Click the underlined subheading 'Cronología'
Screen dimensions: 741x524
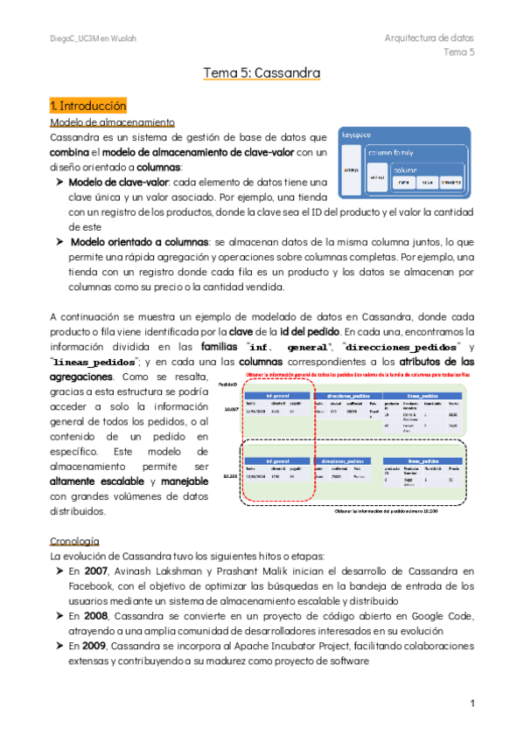pyautogui.click(x=74, y=540)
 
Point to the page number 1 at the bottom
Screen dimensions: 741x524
pyautogui.click(x=472, y=703)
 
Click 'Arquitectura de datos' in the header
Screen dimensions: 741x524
pyautogui.click(x=429, y=38)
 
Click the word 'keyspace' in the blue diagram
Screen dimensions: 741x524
pyautogui.click(x=357, y=136)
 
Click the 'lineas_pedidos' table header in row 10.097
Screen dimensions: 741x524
pyautogui.click(x=427, y=396)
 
